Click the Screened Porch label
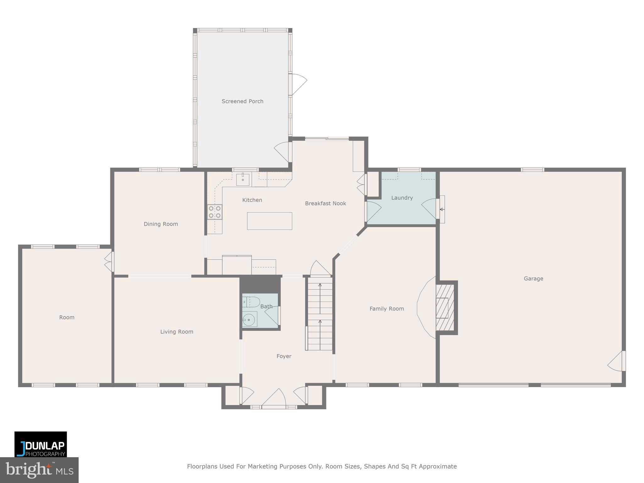coord(242,101)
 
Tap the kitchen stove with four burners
coord(215,212)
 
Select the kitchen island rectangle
coord(269,221)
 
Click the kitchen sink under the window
coord(243,180)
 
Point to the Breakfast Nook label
coord(325,203)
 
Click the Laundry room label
coord(402,198)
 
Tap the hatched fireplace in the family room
coord(445,307)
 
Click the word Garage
coord(533,279)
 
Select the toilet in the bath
coord(251,302)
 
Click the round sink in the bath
coord(249,320)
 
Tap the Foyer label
coord(284,356)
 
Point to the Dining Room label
coord(161,224)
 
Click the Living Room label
coord(176,332)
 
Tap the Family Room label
coord(386,309)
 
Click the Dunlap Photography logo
coord(41,444)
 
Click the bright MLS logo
coord(39,470)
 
